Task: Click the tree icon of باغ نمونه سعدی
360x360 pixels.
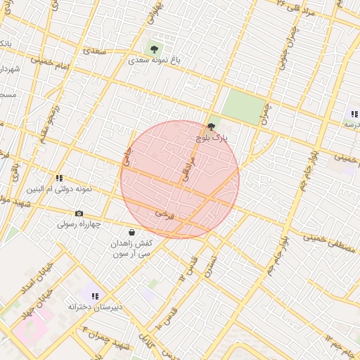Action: pos(154,49)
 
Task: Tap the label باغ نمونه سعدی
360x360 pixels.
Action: pos(154,61)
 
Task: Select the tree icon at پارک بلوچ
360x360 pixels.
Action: pos(212,127)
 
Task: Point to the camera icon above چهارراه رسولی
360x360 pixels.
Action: pos(79,213)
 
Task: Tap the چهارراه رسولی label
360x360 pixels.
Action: pos(79,224)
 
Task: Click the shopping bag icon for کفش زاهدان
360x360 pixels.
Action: pos(131,232)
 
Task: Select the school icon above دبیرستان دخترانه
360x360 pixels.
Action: pos(95,296)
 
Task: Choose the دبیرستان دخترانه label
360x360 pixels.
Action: pos(96,307)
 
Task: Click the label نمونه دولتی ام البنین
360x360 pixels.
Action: pos(59,189)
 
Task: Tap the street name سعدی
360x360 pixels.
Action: pos(96,50)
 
